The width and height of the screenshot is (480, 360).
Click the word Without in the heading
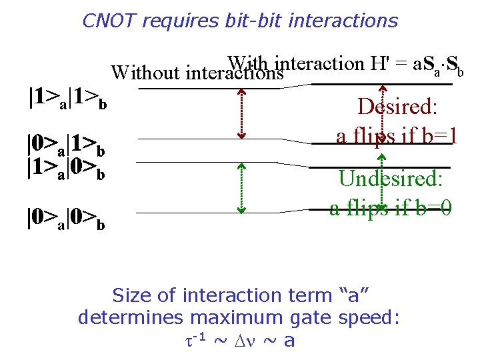click(x=146, y=72)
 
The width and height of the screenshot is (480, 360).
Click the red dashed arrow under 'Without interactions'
click(x=241, y=113)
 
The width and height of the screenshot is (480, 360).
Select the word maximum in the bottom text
click(x=229, y=317)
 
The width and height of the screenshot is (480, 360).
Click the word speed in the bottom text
click(x=370, y=317)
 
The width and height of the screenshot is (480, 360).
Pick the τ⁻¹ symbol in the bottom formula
click(x=197, y=340)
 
